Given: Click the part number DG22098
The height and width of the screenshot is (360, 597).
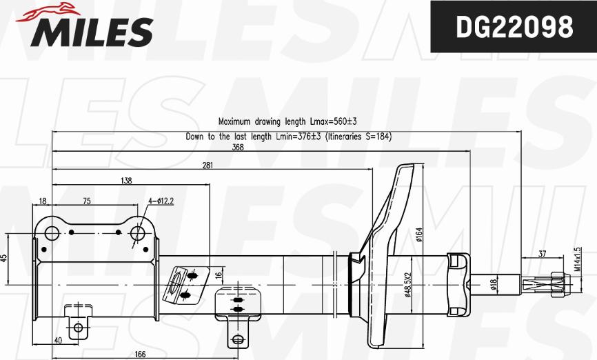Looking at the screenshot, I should [x=514, y=28].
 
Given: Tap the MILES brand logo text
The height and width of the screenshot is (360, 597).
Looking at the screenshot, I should [x=90, y=31].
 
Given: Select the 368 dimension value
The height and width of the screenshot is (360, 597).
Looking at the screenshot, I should [x=238, y=147].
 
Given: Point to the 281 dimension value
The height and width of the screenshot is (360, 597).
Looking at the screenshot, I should [x=208, y=165].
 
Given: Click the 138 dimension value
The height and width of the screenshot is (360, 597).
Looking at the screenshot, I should [x=126, y=181].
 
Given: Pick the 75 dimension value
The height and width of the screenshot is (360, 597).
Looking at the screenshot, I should [x=86, y=201].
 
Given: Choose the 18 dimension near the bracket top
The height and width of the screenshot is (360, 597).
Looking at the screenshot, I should [x=43, y=201].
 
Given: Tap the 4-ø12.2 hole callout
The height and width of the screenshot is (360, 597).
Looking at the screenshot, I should [x=161, y=201].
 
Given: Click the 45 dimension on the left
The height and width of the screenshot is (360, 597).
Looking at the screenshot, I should [x=4, y=258].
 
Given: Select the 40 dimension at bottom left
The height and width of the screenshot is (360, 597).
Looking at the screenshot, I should [x=57, y=340].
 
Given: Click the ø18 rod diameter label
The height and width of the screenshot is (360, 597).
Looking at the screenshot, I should [x=494, y=284].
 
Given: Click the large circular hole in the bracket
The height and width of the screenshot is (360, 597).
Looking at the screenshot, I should [x=137, y=234].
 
